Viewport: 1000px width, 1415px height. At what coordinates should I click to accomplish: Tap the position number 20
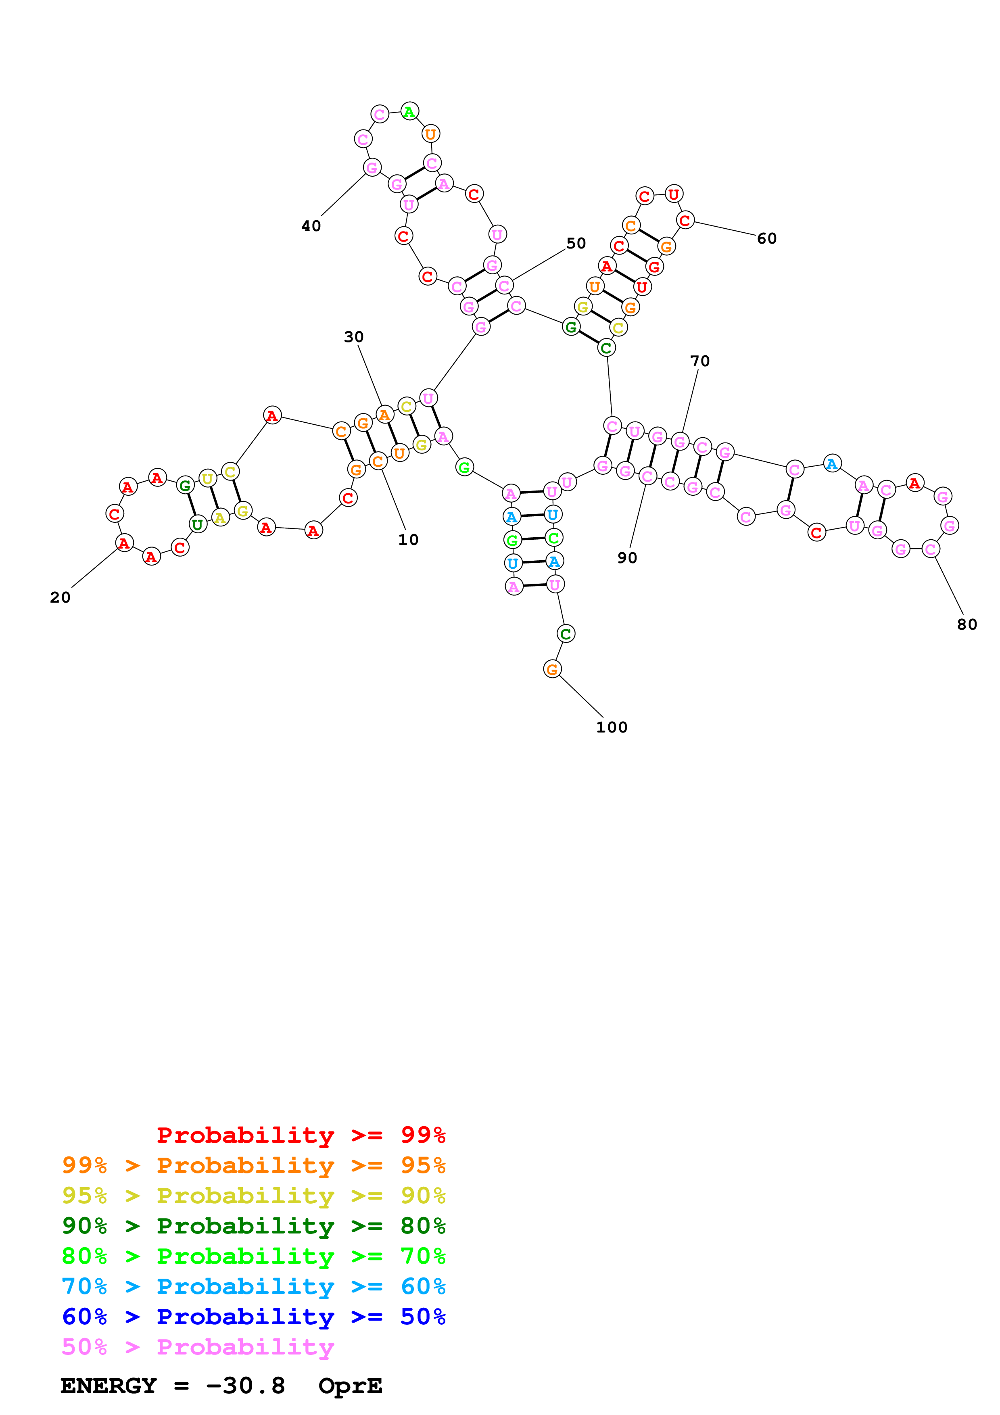click(x=61, y=597)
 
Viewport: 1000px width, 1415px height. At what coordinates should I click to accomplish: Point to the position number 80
click(x=967, y=624)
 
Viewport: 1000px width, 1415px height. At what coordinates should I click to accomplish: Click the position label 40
click(x=311, y=226)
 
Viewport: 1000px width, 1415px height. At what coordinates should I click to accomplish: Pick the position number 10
click(x=408, y=540)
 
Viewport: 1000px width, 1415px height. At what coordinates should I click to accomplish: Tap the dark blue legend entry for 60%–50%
click(x=253, y=1317)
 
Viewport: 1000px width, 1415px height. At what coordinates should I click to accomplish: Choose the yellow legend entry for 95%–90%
click(x=253, y=1195)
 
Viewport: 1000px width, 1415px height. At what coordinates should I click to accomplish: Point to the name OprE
click(x=350, y=1386)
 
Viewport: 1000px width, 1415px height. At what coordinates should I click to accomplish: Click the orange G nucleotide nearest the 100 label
click(x=552, y=669)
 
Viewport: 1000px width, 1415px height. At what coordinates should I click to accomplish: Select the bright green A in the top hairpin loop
click(x=409, y=112)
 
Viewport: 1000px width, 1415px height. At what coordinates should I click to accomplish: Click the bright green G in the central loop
click(x=465, y=468)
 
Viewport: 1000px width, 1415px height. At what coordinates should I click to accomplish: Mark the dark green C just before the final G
click(x=566, y=634)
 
